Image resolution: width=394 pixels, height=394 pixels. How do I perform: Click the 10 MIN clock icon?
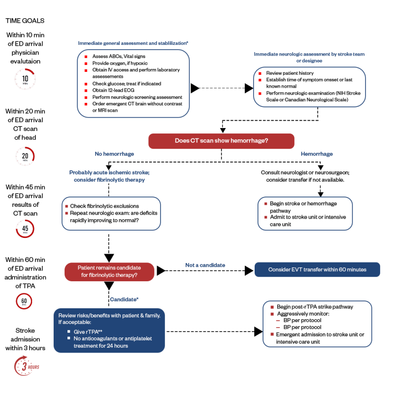click(x=25, y=79)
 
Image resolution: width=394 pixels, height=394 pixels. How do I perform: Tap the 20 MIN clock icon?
click(x=25, y=156)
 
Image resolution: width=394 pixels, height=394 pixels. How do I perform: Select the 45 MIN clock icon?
click(x=25, y=229)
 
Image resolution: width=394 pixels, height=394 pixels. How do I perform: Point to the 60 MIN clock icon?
click(x=24, y=301)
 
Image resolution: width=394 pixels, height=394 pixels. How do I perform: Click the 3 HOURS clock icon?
click(x=26, y=366)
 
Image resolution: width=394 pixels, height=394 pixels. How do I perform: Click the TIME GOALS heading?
click(x=25, y=21)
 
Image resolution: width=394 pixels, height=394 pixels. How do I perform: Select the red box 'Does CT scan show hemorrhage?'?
click(x=221, y=141)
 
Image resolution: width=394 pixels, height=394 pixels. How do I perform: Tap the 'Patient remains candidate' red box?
click(x=109, y=272)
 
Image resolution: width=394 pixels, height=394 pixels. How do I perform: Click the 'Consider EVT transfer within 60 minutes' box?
click(x=317, y=269)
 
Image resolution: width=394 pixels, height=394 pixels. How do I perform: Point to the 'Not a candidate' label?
click(x=205, y=265)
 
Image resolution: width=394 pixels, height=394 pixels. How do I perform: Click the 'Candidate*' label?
click(x=124, y=299)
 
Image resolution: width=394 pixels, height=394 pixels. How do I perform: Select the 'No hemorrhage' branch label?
click(x=114, y=154)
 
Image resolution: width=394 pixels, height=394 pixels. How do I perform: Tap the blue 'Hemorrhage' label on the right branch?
click(x=317, y=154)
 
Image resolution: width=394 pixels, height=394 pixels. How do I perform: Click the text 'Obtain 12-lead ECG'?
click(x=113, y=90)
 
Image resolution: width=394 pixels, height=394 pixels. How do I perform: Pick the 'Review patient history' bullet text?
click(x=290, y=73)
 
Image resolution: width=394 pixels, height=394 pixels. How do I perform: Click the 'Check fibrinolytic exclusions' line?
click(x=104, y=206)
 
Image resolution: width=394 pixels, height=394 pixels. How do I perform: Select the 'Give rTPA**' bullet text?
click(x=88, y=331)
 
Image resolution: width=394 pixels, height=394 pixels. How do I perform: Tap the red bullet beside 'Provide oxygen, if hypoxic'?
click(x=86, y=64)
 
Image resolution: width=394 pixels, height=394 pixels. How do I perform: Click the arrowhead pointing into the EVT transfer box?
click(x=249, y=270)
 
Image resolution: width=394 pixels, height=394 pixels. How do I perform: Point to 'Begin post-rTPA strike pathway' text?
click(x=315, y=307)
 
